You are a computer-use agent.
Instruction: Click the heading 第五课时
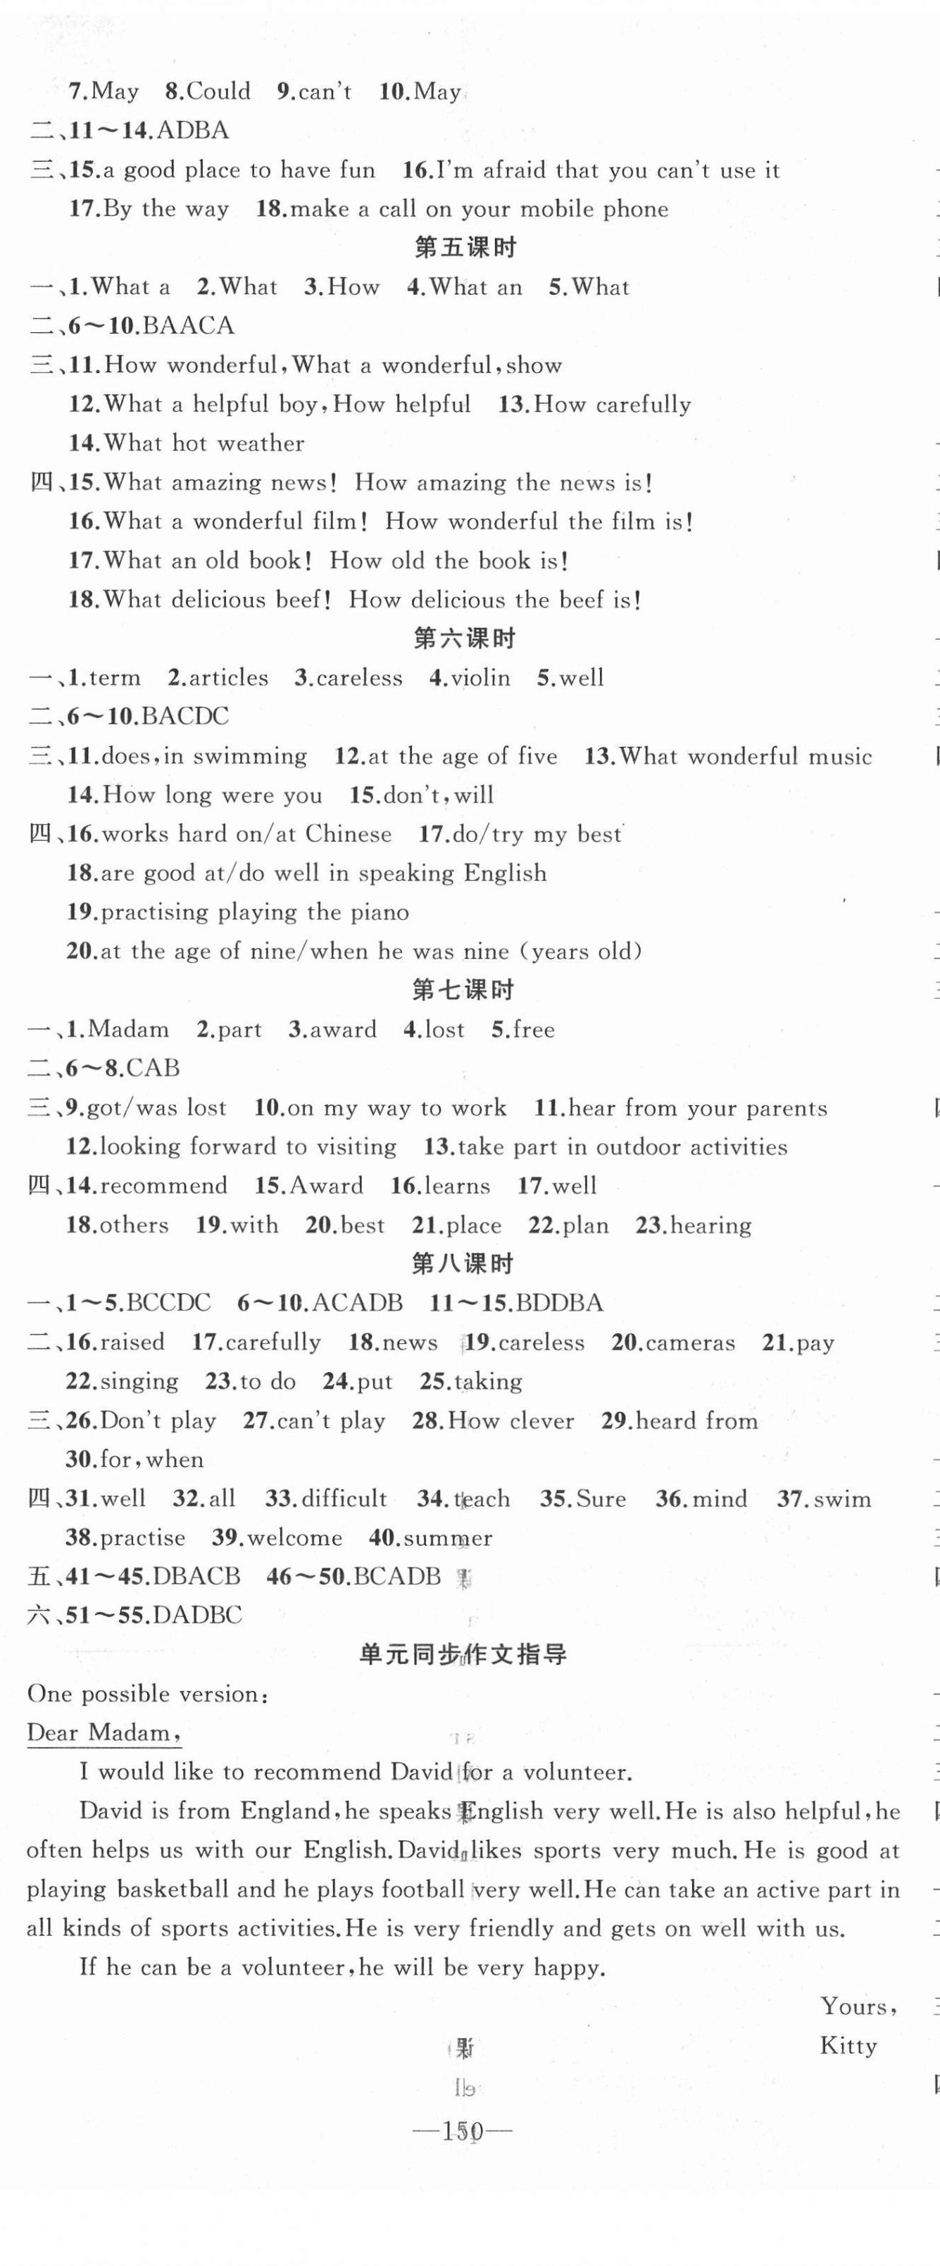[x=465, y=248]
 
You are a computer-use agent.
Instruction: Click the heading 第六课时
[x=465, y=638]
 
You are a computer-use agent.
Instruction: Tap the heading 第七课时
[x=463, y=990]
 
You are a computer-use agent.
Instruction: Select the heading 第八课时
[x=463, y=1264]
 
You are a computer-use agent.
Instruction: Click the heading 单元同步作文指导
[x=463, y=1655]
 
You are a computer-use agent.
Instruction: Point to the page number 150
[x=463, y=2131]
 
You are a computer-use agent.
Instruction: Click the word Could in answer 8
[x=218, y=92]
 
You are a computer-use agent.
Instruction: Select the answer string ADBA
[x=193, y=130]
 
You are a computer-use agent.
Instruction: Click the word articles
[x=229, y=678]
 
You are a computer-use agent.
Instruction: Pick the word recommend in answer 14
[x=163, y=1185]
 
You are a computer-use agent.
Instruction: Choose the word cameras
[x=690, y=1342]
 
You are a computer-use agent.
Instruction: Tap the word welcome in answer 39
[x=295, y=1537]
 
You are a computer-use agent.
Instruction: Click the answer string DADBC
[x=197, y=1615]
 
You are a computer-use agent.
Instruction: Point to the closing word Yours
[x=856, y=2006]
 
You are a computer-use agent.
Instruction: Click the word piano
[x=380, y=912]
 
